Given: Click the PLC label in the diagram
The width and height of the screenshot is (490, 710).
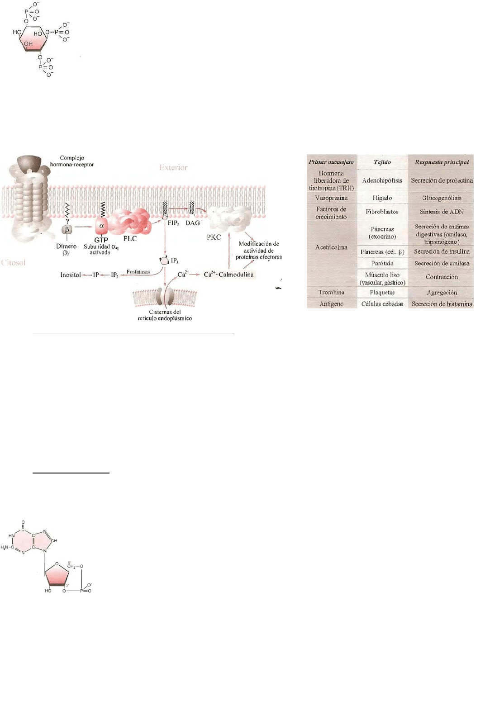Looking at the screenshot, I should [130, 238].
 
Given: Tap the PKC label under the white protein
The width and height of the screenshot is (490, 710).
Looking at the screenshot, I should [214, 237].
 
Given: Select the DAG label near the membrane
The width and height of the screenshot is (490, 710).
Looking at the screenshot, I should [192, 223].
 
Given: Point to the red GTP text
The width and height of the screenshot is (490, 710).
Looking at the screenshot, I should [101, 240].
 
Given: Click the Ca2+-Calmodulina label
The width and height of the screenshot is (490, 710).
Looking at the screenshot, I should [228, 275].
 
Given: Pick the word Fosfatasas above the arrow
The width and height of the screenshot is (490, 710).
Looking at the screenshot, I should [138, 272].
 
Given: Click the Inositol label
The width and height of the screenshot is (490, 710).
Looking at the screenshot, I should [71, 275].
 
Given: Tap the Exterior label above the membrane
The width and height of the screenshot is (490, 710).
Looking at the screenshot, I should [173, 168].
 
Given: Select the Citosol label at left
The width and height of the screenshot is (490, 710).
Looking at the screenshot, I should [14, 262].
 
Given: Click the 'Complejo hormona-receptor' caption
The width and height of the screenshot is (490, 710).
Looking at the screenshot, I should [72, 161].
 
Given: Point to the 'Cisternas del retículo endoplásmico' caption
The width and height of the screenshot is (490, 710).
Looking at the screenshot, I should [165, 315].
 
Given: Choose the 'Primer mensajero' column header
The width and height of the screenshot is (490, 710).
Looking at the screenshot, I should [331, 162].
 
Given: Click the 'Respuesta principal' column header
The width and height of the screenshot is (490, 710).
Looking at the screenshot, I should [442, 162].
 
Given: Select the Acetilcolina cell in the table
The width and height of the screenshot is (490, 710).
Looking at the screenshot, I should [331, 247].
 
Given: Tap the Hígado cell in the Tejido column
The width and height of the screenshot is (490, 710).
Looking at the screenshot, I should [382, 198].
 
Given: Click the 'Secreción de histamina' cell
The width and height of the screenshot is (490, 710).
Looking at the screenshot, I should [442, 304].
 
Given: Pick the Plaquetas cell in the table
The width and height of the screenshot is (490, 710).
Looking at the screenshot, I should [382, 293].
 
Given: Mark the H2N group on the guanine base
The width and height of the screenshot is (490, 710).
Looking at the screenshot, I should [6, 547].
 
